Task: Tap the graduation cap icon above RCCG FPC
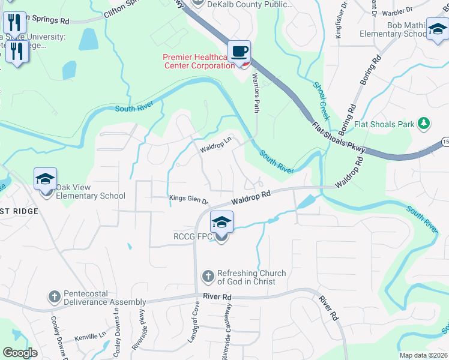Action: click(x=221, y=223)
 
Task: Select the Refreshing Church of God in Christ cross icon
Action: click(x=208, y=277)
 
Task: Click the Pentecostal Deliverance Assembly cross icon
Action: click(x=54, y=297)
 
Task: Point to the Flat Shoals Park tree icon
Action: click(x=424, y=124)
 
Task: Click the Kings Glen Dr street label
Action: click(x=188, y=200)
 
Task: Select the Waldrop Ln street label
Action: click(x=215, y=146)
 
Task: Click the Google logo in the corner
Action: click(x=20, y=352)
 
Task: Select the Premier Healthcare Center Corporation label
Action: click(x=198, y=61)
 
